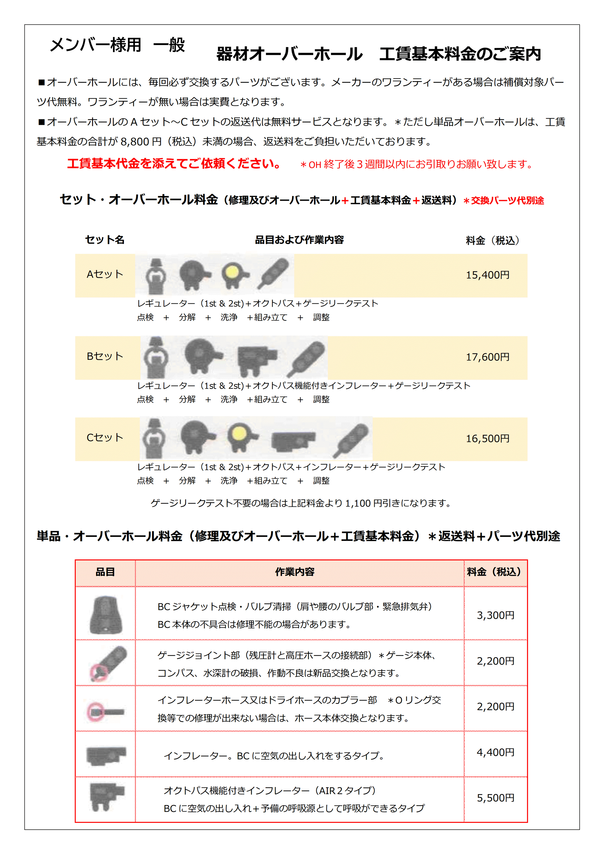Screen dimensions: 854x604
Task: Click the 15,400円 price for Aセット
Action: [488, 275]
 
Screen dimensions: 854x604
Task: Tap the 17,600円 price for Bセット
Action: [488, 357]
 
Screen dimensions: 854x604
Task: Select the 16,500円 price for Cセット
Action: [488, 439]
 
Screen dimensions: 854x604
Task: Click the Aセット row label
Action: [105, 274]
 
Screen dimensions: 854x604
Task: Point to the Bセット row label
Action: [105, 356]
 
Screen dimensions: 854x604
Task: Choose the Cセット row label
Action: [105, 438]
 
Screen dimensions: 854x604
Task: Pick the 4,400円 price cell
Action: [495, 752]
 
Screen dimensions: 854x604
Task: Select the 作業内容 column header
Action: [295, 572]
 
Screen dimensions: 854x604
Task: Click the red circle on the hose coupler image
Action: [96, 712]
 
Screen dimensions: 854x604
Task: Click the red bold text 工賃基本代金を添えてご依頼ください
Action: [174, 164]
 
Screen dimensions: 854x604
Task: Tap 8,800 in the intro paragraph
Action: [135, 142]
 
